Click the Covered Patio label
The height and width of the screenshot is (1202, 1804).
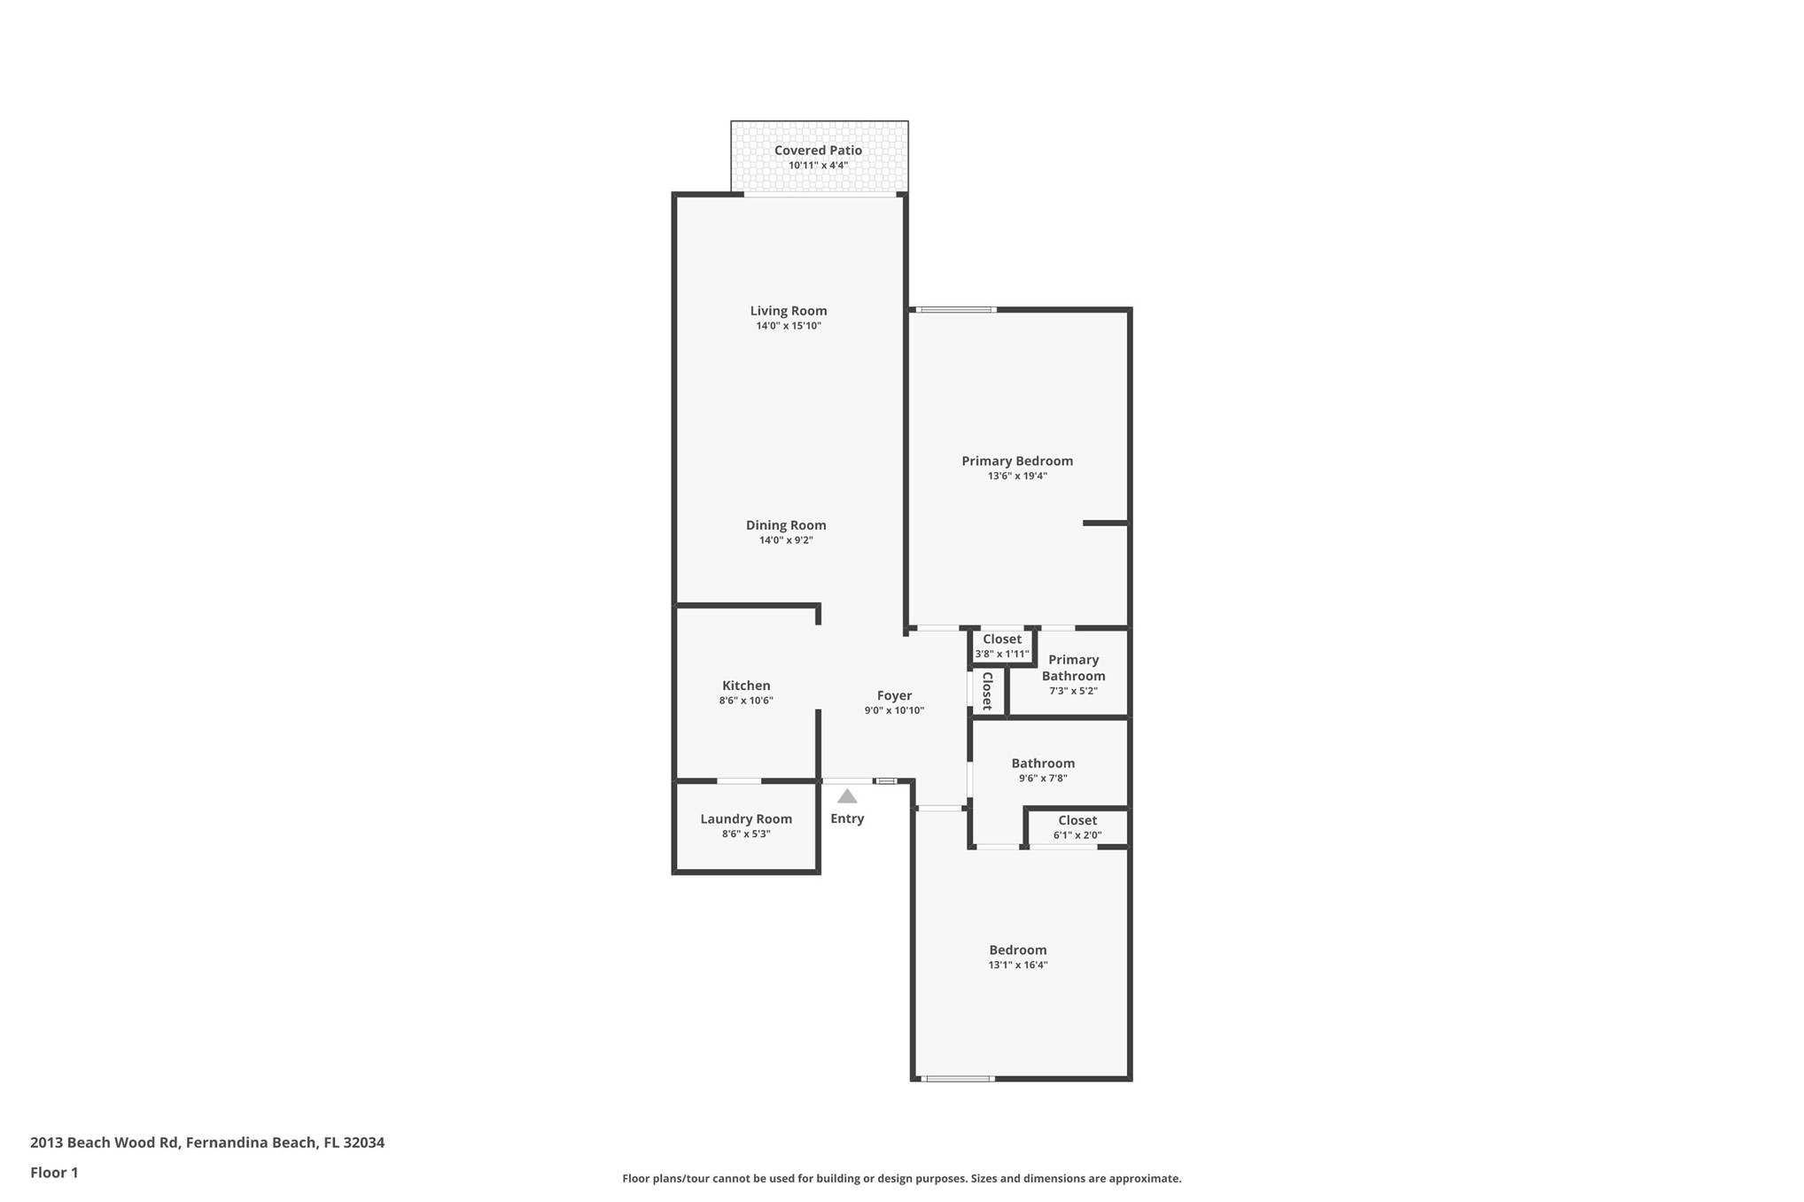point(818,151)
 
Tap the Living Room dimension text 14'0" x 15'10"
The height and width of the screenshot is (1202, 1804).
point(789,326)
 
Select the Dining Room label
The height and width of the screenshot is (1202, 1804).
point(786,525)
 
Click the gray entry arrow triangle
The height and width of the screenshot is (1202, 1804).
point(847,796)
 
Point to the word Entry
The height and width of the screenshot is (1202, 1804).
point(847,818)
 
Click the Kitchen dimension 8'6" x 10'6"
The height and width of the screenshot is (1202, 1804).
point(746,701)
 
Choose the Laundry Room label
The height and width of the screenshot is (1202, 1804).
point(746,819)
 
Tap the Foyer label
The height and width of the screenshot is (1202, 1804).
point(894,696)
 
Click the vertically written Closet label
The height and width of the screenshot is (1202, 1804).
point(987,691)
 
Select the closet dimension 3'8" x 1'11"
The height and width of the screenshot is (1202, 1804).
point(1002,655)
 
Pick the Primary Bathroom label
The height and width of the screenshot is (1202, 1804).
point(1073,668)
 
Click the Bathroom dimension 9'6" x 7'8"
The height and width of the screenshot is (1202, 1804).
point(1043,779)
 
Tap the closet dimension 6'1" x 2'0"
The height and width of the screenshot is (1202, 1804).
point(1077,835)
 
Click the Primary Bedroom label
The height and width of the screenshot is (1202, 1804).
point(1017,461)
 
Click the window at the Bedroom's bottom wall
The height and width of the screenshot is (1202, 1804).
point(957,1079)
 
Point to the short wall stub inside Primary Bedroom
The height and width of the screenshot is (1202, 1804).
point(1105,523)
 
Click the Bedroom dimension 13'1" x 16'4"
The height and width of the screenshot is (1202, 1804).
point(1018,965)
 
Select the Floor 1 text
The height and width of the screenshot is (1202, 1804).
point(54,1173)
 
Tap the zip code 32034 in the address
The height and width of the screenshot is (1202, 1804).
point(363,1143)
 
